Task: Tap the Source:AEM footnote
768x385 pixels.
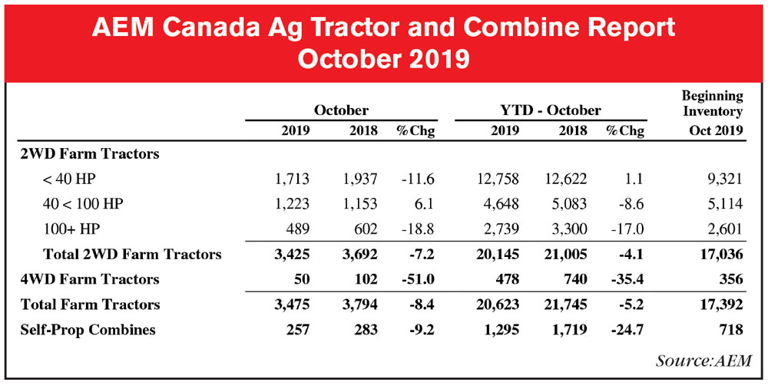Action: tap(703, 360)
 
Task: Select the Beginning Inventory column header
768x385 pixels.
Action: tap(713, 104)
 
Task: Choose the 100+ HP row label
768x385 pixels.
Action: tap(72, 229)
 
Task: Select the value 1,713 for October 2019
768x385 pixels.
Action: tap(292, 179)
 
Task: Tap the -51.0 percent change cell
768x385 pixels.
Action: tap(415, 279)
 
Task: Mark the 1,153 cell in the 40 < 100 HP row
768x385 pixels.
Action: tap(358, 205)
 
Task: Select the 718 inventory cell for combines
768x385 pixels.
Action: tap(730, 329)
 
